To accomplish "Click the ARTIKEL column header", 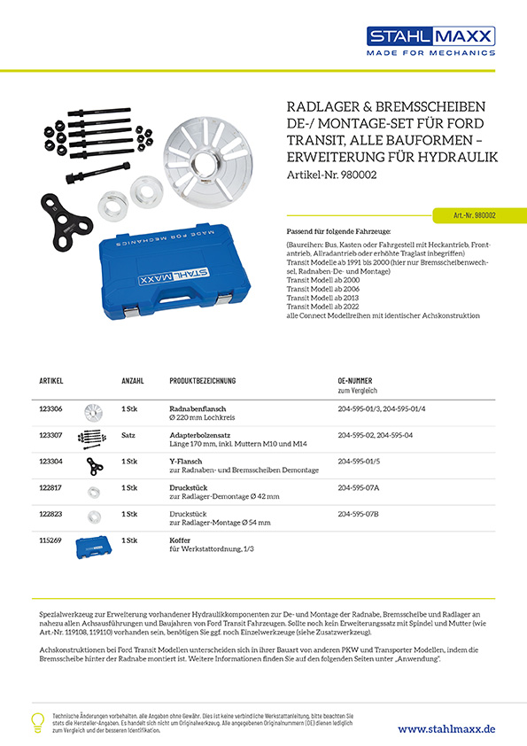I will (x=50, y=380).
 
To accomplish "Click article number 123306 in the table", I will (x=51, y=408).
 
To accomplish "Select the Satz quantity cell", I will (x=128, y=436).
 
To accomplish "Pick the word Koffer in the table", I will (x=181, y=540).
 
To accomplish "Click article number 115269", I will (x=51, y=540).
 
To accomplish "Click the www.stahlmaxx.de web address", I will (x=446, y=728).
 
